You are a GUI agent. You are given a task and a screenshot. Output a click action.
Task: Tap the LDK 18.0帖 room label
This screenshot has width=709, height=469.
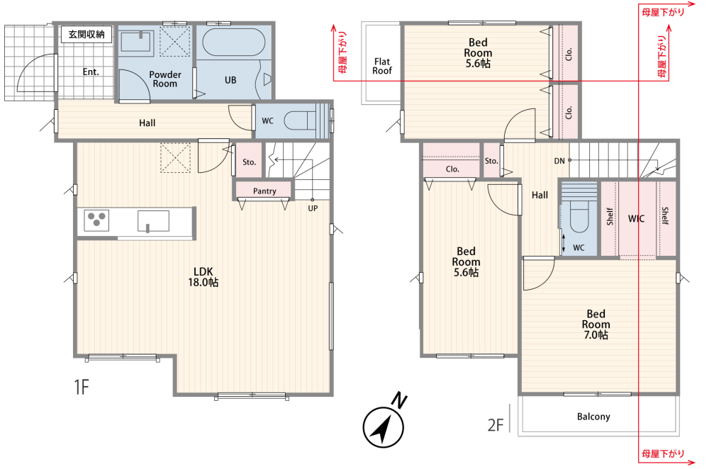click(x=203, y=277)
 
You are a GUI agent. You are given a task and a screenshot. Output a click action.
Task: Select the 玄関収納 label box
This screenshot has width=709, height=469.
click(x=86, y=34)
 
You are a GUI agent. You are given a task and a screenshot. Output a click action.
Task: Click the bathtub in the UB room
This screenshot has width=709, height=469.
click(x=234, y=43)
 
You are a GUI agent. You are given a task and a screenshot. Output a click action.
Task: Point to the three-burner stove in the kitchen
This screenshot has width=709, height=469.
click(x=96, y=221)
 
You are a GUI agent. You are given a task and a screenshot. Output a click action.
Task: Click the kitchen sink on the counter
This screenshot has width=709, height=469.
click(x=153, y=221)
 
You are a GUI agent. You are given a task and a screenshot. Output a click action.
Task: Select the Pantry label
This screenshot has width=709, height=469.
click(x=264, y=191)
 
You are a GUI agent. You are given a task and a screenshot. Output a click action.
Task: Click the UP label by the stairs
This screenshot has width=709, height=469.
click(x=313, y=208)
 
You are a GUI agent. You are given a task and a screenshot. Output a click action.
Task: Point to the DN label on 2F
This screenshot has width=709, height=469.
click(x=559, y=161)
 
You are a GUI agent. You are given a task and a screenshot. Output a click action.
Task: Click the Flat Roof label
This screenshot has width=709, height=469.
click(x=382, y=66)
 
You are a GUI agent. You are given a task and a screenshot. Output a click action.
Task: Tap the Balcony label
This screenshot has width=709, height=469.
click(x=593, y=417)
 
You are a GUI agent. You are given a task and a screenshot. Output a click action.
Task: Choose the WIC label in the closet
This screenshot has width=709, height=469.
click(x=636, y=219)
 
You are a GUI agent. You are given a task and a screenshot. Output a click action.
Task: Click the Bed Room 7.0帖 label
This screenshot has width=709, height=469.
click(x=596, y=324)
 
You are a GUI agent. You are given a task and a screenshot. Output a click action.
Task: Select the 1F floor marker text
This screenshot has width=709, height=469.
click(x=82, y=388)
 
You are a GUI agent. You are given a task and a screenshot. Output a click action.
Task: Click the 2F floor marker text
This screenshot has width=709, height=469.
click(x=495, y=424)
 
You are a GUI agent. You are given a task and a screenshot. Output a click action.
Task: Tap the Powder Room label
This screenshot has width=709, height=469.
click(x=165, y=79)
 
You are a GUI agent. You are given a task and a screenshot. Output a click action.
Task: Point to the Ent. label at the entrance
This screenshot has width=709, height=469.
click(x=91, y=72)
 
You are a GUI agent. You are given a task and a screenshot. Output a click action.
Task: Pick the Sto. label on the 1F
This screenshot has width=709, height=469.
click(x=249, y=162)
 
